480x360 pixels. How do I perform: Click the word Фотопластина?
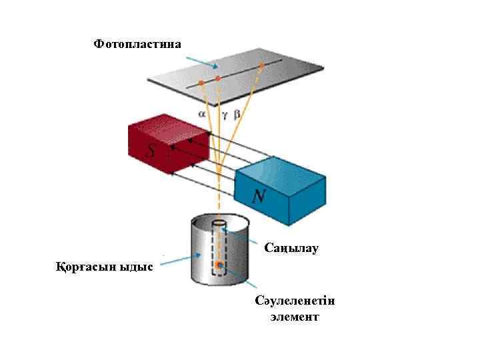(x=137, y=44)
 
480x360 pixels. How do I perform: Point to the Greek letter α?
(x=202, y=113)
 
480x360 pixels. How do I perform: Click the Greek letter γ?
(x=225, y=114)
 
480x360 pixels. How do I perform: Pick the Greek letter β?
(x=237, y=113)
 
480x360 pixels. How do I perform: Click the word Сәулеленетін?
(x=295, y=301)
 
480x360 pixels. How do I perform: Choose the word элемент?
(x=295, y=317)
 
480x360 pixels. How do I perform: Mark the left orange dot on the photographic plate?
(x=201, y=83)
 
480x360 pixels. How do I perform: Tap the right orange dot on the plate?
(x=262, y=65)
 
